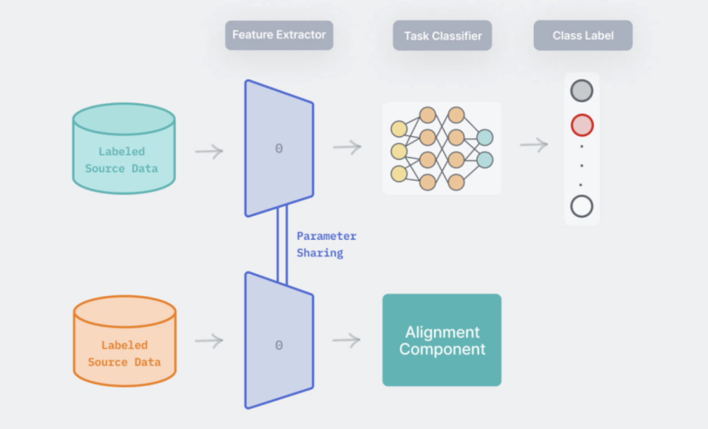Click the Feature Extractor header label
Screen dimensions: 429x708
pos(279,35)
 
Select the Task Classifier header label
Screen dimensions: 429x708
pos(442,36)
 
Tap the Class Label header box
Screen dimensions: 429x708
pos(583,36)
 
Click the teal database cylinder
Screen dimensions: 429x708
pos(124,149)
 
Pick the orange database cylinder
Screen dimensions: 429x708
pos(124,341)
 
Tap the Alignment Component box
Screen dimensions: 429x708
pos(442,340)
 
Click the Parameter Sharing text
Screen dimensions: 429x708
pos(326,244)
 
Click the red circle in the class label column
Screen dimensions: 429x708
pos(582,125)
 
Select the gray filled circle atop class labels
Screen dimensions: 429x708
pos(582,91)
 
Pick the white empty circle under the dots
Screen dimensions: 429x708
pos(582,207)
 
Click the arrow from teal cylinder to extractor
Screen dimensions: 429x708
pos(209,152)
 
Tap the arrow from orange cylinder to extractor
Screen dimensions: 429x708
pos(209,341)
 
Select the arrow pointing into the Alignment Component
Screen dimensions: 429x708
pos(347,340)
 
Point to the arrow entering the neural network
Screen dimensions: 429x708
pos(347,147)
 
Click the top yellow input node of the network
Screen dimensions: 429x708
pos(399,128)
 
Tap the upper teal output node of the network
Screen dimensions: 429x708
pos(485,137)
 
